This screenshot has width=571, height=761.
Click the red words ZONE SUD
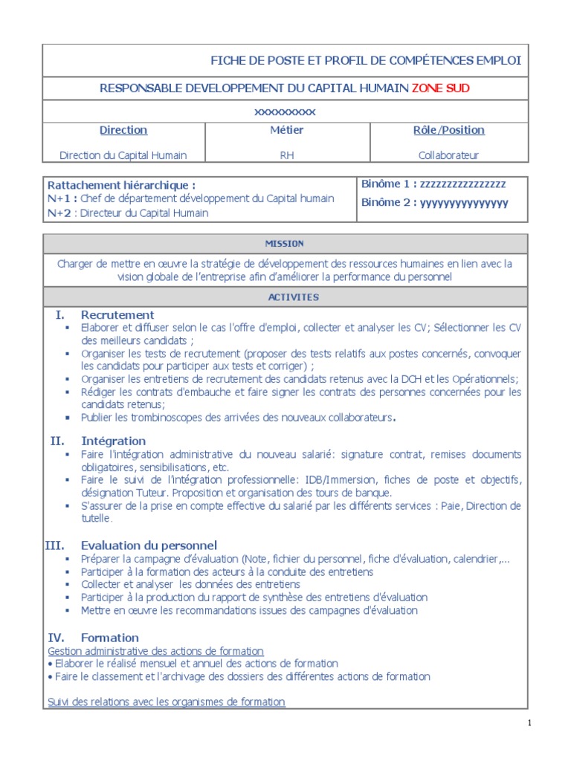coord(441,88)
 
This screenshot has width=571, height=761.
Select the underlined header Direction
coord(123,130)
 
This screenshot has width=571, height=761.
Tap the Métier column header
coord(287,130)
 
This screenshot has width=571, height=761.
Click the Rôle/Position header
coord(448,130)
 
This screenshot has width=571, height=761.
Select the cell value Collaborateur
coord(448,155)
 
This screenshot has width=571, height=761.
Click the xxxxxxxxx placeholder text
coord(285,111)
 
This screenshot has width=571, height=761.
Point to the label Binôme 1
coord(387,184)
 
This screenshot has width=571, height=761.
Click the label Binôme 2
coord(387,203)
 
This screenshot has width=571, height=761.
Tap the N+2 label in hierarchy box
coord(59,213)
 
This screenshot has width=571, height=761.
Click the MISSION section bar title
coord(285,244)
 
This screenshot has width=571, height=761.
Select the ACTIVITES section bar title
coord(285,297)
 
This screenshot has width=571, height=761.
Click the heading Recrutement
coord(117,314)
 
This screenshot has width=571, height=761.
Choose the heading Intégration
coord(113,441)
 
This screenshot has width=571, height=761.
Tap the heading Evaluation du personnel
coord(149,545)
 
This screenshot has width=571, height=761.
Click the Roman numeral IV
coord(56,638)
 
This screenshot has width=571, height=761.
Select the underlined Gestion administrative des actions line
coord(155,651)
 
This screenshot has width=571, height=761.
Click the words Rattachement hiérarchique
coord(122,185)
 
